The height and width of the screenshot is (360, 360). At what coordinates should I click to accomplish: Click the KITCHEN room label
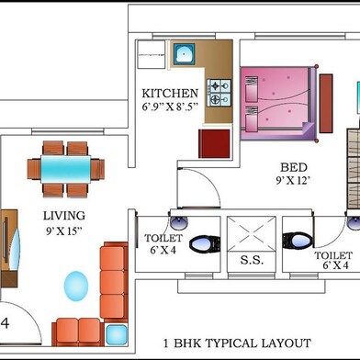pyautogui.click(x=170, y=93)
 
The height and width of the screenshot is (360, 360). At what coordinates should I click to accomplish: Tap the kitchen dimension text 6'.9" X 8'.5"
pyautogui.click(x=170, y=107)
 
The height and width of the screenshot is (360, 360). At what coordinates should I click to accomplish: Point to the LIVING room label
pyautogui.click(x=64, y=216)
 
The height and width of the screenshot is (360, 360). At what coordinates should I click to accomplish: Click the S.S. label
pyautogui.click(x=252, y=260)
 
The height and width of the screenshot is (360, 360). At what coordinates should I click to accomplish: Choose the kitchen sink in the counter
pyautogui.click(x=184, y=54)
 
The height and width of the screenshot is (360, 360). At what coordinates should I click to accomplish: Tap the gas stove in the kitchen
pyautogui.click(x=219, y=93)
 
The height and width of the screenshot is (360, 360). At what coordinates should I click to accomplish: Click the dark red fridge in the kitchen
pyautogui.click(x=214, y=143)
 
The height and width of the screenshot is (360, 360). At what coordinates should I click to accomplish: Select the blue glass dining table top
pyautogui.click(x=66, y=169)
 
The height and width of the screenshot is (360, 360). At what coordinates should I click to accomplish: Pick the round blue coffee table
pyautogui.click(x=76, y=287)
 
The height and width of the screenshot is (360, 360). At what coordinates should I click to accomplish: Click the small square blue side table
pyautogui.click(x=117, y=334)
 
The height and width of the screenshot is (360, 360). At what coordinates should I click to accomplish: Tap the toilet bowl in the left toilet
pyautogui.click(x=205, y=244)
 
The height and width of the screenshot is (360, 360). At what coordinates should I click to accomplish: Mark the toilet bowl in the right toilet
pyautogui.click(x=298, y=241)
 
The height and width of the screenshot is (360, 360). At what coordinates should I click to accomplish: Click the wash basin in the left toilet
pyautogui.click(x=179, y=223)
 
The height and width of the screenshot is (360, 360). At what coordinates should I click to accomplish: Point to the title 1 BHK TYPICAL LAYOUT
pyautogui.click(x=237, y=343)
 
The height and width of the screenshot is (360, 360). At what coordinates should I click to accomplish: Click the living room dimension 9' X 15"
pyautogui.click(x=64, y=231)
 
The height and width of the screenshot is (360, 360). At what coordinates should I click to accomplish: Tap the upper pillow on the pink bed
pyautogui.click(x=252, y=89)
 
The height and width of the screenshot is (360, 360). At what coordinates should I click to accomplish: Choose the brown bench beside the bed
pyautogui.click(x=326, y=104)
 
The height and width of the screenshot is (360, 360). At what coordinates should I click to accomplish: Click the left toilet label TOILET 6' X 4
pyautogui.click(x=163, y=244)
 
